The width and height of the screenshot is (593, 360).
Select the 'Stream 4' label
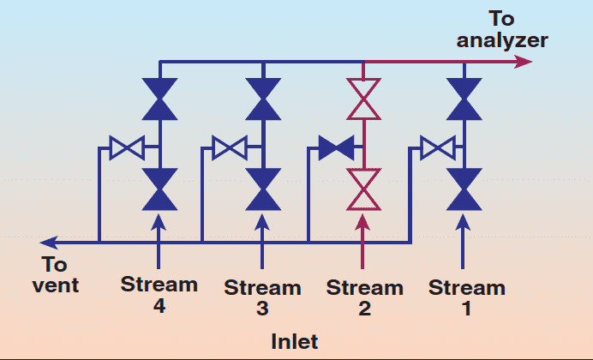pyautogui.click(x=159, y=294)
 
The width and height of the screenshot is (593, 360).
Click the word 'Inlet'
pyautogui.click(x=295, y=341)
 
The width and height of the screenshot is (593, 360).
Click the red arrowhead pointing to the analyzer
pyautogui.click(x=523, y=62)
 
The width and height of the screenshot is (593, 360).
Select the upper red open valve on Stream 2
pyautogui.click(x=364, y=99)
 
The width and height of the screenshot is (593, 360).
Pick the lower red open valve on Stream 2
pyautogui.click(x=364, y=189)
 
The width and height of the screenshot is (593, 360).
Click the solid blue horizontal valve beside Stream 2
pyautogui.click(x=336, y=148)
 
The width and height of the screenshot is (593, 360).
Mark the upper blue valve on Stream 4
pyautogui.click(x=159, y=99)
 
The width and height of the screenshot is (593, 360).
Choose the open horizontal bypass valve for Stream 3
pyautogui.click(x=230, y=148)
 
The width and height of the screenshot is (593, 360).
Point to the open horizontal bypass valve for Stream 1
pyautogui.click(x=437, y=148)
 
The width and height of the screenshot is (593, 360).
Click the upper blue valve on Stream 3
pyautogui.click(x=262, y=99)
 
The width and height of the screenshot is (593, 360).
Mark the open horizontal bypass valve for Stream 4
pyautogui.click(x=127, y=148)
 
